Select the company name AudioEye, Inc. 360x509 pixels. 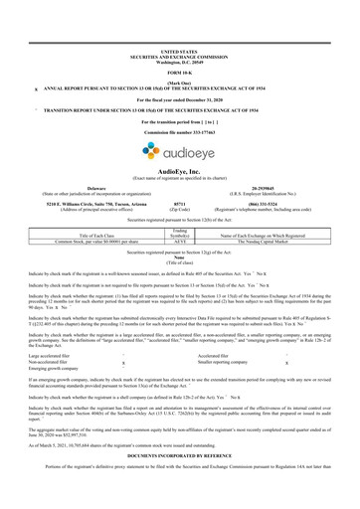click(x=179, y=170)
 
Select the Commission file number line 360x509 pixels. click(x=179, y=130)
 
